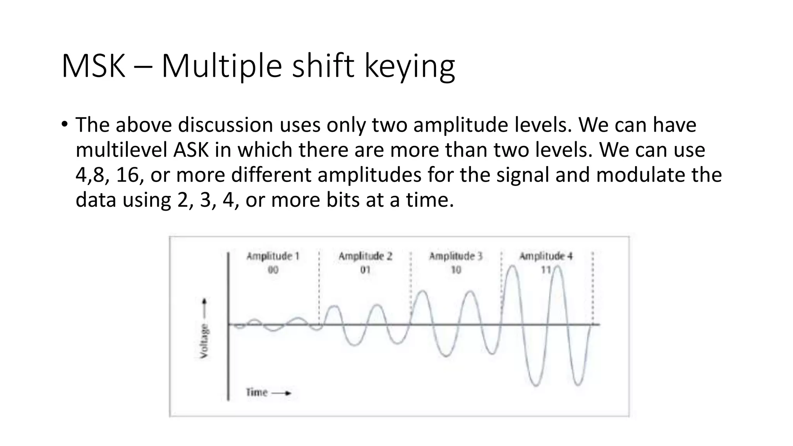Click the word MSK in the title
(x=93, y=66)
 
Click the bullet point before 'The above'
(x=64, y=125)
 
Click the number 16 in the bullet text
(x=127, y=175)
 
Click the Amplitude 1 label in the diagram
(x=273, y=256)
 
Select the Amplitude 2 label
(x=365, y=256)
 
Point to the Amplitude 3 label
(x=456, y=256)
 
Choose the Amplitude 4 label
(x=546, y=256)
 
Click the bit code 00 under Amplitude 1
(x=273, y=270)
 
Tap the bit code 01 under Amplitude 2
(x=365, y=270)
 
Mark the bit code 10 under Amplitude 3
(x=456, y=270)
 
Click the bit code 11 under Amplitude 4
(x=546, y=270)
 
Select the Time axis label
(x=257, y=393)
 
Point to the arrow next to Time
(x=281, y=393)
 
